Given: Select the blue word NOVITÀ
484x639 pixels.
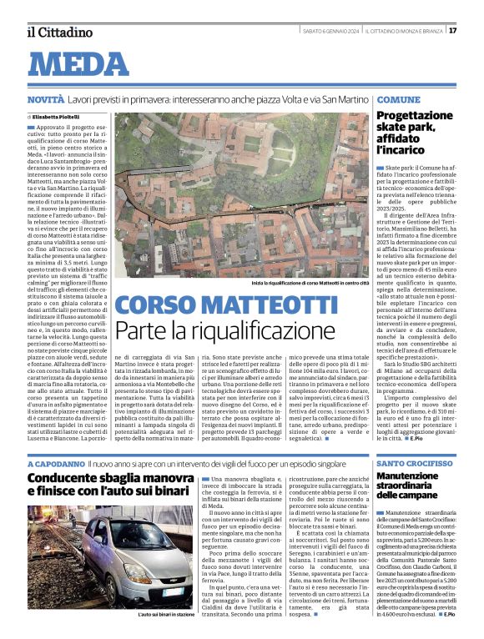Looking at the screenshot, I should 44,99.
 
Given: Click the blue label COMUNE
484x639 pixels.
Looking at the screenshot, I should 397,99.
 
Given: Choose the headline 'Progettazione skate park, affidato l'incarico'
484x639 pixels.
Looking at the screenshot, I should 414,133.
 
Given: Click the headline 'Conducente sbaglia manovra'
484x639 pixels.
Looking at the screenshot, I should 109,486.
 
